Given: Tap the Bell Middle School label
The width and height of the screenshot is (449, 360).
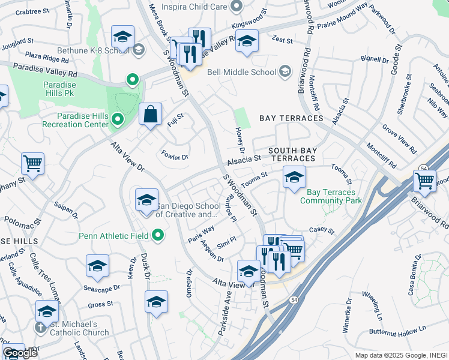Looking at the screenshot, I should click(x=241, y=73).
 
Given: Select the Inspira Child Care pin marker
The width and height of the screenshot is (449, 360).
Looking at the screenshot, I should click(x=236, y=7).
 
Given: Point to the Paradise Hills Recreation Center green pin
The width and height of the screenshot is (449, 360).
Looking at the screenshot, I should click(x=118, y=121).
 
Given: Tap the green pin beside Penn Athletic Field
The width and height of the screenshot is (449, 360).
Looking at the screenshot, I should click(x=158, y=236).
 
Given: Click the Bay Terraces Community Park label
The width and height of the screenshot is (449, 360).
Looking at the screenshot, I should click(x=334, y=196).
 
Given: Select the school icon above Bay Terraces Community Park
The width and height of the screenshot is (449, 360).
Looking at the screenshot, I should click(x=294, y=178).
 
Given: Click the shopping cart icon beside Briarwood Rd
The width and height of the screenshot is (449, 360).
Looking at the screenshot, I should click(x=424, y=181).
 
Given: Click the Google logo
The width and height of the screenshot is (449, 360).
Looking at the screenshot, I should click(x=20, y=353).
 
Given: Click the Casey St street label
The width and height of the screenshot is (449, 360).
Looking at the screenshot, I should click(x=321, y=230).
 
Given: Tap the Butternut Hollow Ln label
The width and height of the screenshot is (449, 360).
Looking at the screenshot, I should click(x=397, y=329).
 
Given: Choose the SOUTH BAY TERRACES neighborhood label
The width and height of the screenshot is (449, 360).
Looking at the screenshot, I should click(x=291, y=154).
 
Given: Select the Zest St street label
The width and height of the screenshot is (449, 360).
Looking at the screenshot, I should click(x=282, y=41).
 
